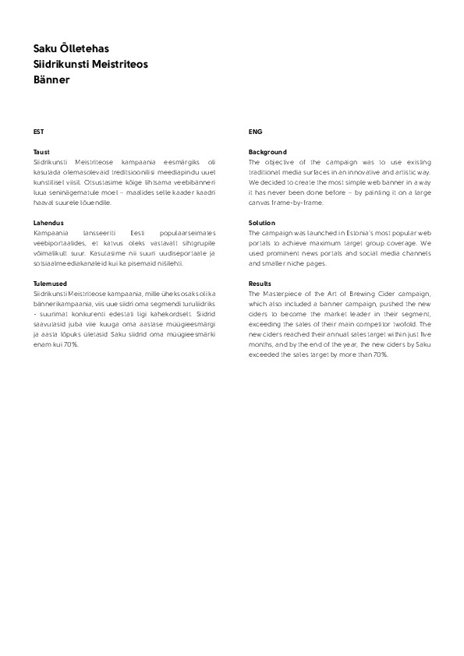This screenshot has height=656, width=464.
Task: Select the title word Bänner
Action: tap(52, 79)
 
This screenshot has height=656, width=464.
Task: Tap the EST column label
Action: tap(38, 132)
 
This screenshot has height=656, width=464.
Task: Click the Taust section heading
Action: tap(41, 152)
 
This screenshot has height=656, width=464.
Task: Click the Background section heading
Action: tap(267, 152)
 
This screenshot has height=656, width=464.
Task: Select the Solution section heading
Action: tap(262, 223)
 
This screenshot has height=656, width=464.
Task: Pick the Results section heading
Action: tap(260, 284)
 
